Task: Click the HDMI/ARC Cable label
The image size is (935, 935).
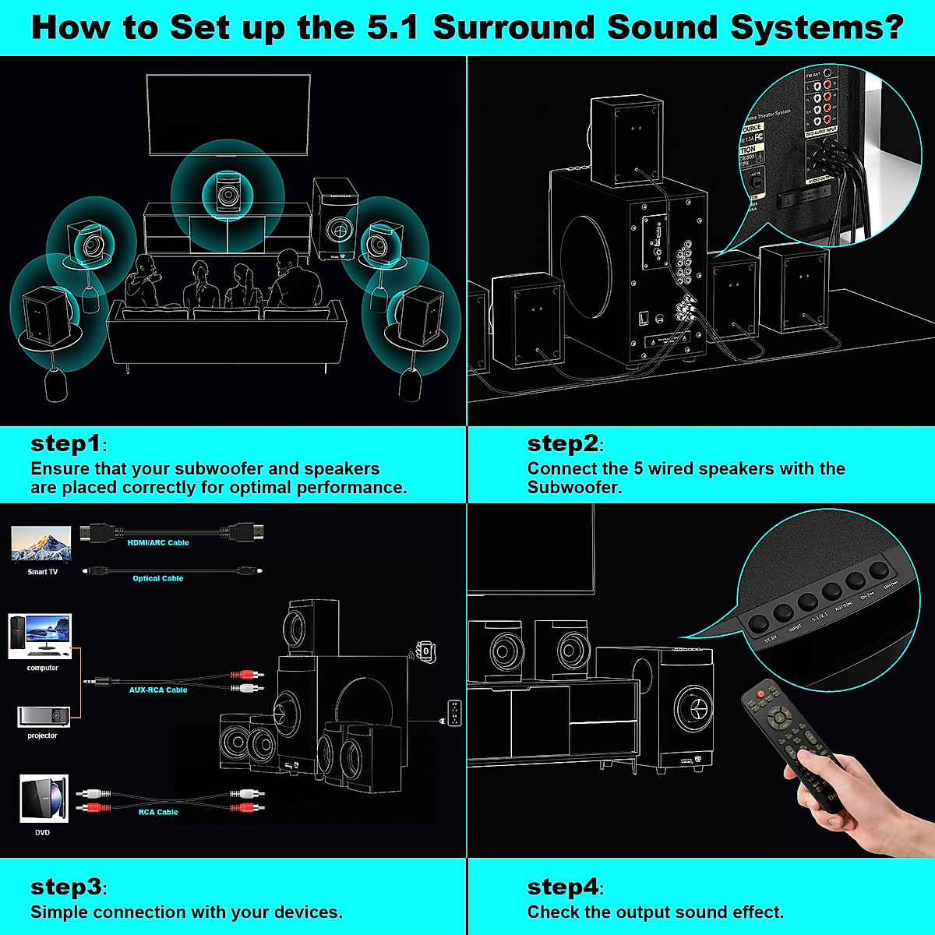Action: (x=158, y=542)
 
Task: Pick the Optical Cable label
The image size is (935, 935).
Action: (x=157, y=578)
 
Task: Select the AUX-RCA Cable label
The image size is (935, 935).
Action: (x=158, y=690)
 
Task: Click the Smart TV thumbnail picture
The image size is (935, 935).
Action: (x=41, y=544)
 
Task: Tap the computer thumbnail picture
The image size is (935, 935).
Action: (x=40, y=637)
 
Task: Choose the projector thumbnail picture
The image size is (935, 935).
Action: (x=44, y=717)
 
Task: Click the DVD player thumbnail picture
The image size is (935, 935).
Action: (x=44, y=799)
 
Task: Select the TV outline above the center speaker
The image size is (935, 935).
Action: (x=228, y=115)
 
